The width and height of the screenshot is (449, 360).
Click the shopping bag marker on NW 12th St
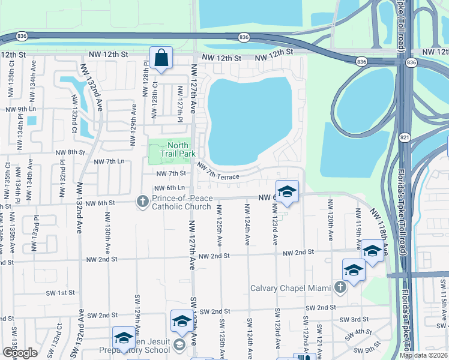[x=161, y=59]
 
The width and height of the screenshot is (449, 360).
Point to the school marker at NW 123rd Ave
[x=287, y=191]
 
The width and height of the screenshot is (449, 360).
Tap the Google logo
[x=20, y=352]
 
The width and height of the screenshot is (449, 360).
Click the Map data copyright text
[x=423, y=355]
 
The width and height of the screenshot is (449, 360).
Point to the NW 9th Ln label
[x=20, y=109]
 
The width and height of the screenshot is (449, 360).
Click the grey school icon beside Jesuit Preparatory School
[x=179, y=344]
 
